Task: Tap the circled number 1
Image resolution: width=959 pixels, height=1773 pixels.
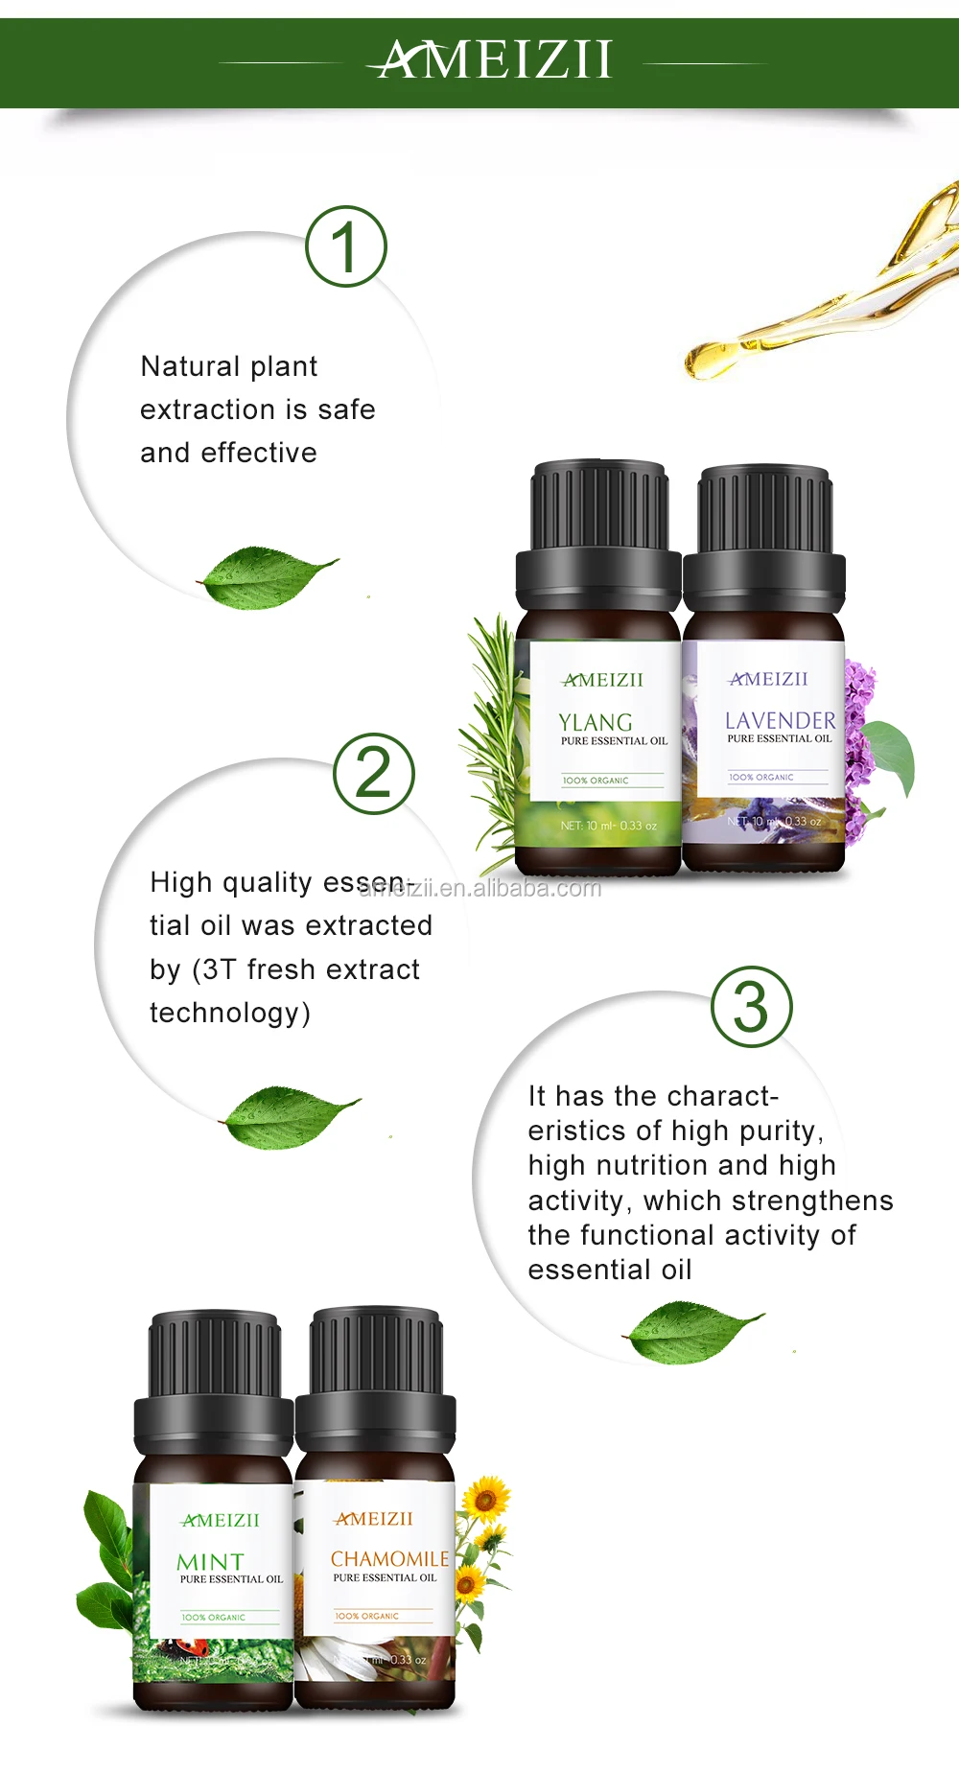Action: (x=346, y=246)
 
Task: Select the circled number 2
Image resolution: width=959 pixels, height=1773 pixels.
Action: (x=374, y=774)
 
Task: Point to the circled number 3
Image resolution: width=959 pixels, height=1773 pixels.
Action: (x=752, y=1007)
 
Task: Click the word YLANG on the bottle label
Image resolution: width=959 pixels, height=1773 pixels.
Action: (x=596, y=722)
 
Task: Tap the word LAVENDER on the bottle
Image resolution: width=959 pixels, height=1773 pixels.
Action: (x=780, y=720)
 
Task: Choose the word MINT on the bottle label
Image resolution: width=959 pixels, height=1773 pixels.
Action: (x=211, y=1562)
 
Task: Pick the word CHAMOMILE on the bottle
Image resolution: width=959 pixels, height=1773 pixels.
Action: (x=389, y=1559)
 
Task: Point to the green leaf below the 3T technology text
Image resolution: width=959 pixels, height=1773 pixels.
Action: (x=289, y=1116)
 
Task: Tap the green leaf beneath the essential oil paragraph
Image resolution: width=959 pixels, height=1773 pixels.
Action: (x=692, y=1331)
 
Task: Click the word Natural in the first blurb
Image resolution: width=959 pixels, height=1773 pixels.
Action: (x=181, y=366)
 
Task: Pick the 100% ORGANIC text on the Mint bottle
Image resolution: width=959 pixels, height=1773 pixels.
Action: (x=213, y=1617)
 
